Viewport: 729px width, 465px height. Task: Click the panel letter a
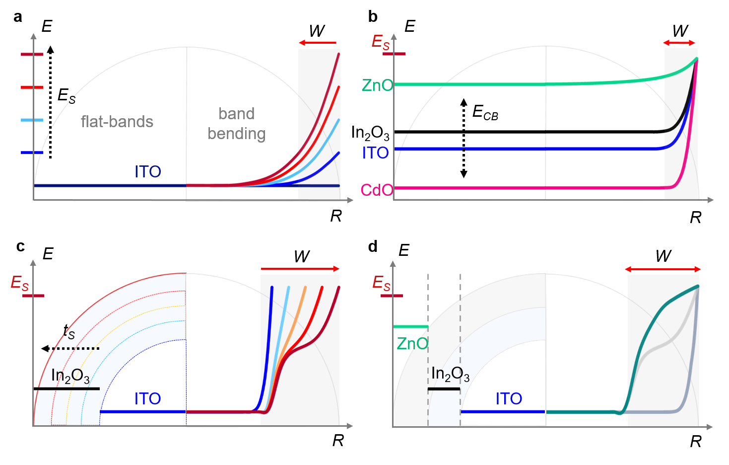[x=18, y=17]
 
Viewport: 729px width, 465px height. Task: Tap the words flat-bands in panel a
[x=117, y=122]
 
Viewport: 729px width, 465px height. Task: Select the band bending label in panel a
[x=237, y=124]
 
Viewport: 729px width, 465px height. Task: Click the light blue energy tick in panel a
[x=32, y=120]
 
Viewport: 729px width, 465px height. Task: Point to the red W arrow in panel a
[x=318, y=43]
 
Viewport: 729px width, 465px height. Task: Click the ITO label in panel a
[x=148, y=172]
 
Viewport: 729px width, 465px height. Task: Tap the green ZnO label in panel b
[x=377, y=85]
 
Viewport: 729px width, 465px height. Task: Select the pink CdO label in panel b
[x=377, y=190]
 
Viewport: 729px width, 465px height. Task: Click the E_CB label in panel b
[x=485, y=113]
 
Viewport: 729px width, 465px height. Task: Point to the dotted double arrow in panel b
[x=464, y=138]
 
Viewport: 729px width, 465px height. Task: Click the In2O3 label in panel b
[x=370, y=133]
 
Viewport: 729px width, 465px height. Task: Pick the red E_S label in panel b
[x=381, y=42]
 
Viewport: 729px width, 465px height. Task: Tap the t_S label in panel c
[x=69, y=331]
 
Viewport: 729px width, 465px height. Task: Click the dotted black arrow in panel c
[x=70, y=348]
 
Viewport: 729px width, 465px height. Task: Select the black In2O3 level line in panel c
[x=66, y=388]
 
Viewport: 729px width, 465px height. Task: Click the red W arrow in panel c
[x=300, y=269]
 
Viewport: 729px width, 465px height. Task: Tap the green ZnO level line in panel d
[x=410, y=326]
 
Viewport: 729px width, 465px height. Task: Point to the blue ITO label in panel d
[x=509, y=398]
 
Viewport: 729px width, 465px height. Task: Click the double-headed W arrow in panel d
[x=663, y=269]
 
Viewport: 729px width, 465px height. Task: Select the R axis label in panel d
[x=696, y=441]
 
